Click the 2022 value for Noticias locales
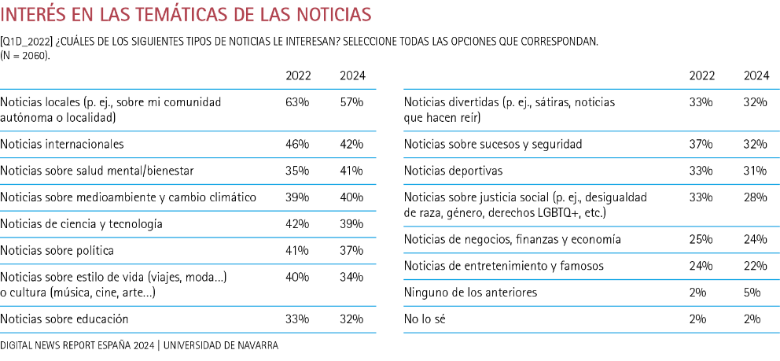click(x=298, y=102)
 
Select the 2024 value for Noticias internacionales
click(x=351, y=144)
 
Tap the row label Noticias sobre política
click(x=57, y=250)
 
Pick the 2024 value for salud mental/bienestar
click(x=351, y=171)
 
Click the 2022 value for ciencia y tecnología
click(x=298, y=224)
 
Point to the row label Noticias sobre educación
click(x=64, y=319)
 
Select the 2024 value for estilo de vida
click(x=351, y=277)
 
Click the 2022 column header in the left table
click(x=298, y=76)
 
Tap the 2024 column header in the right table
click(x=756, y=76)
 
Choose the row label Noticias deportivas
click(x=453, y=171)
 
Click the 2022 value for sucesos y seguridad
click(x=701, y=144)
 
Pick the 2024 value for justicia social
click(x=756, y=197)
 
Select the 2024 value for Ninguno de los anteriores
click(x=756, y=292)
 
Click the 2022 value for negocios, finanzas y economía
click(x=701, y=239)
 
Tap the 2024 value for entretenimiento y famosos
click(x=756, y=266)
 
